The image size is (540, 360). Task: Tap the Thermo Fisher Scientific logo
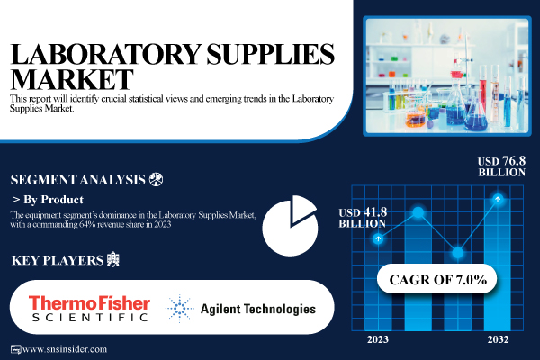coord(87,308)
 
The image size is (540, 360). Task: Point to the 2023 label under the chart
coord(379,338)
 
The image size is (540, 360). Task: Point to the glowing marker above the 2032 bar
coord(497,199)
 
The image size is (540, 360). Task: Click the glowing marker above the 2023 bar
coord(379,238)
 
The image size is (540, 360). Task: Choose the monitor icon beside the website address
coord(14,349)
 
